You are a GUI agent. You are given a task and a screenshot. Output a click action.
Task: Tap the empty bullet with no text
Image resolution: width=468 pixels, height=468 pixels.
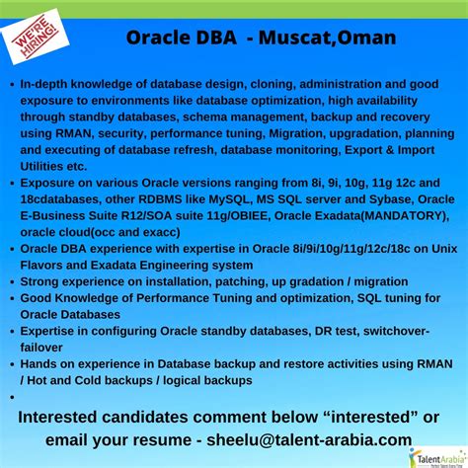11,396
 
